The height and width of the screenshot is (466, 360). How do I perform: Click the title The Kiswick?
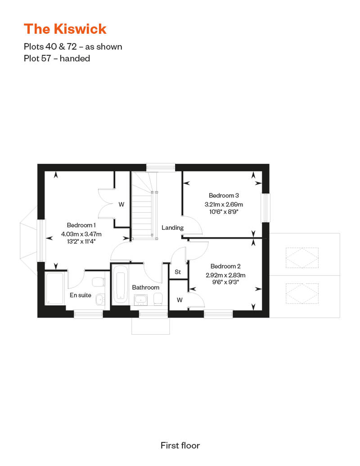pos(65,29)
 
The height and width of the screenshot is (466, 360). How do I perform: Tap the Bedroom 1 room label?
pos(81,225)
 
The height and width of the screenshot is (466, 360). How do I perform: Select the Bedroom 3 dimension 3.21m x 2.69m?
pos(224,205)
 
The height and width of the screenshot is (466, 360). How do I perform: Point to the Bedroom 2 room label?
pos(225,266)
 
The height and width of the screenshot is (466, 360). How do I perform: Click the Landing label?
pos(172,228)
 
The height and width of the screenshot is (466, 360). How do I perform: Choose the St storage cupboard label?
pos(178,272)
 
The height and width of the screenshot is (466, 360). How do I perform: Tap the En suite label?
pos(80,295)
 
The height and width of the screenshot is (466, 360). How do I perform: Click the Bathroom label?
pos(146,287)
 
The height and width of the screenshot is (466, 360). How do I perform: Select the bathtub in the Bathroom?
pos(121,284)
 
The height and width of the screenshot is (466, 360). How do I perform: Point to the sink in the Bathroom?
pos(140,300)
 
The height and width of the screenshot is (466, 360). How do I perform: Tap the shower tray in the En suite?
pos(55,288)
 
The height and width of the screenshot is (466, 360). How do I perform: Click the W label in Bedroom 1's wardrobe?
pos(121,205)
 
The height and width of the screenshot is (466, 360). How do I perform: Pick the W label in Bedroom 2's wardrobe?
pos(180,300)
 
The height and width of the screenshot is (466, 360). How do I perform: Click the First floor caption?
pos(180,445)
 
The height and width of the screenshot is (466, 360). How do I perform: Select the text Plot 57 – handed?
pos(57,58)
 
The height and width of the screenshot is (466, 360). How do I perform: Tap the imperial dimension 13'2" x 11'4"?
pos(81,241)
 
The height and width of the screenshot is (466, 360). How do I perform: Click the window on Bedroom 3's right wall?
pos(265,208)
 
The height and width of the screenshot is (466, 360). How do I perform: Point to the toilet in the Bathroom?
pos(158,299)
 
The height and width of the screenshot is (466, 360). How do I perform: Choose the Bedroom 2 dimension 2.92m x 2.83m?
pos(225,275)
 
